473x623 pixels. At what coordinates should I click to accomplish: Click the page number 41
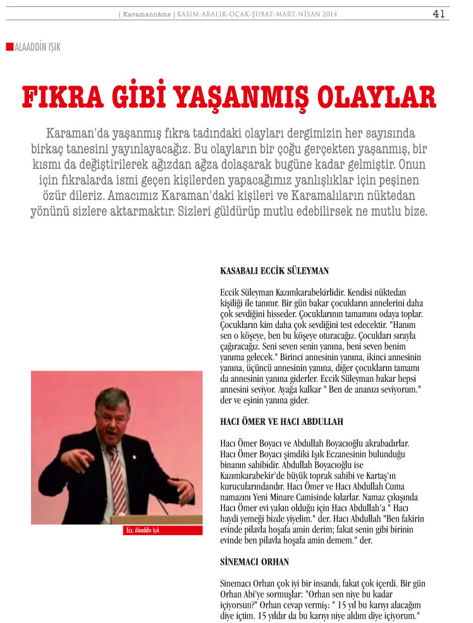pyautogui.click(x=439, y=13)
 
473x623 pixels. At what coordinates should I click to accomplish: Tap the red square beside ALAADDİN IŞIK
pyautogui.click(x=9, y=46)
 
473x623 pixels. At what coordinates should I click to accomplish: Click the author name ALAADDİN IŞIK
pyautogui.click(x=37, y=47)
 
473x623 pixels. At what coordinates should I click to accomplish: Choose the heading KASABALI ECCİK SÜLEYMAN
pyautogui.click(x=274, y=270)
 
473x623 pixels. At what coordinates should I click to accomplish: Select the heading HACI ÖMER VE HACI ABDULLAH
pyautogui.click(x=282, y=421)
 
